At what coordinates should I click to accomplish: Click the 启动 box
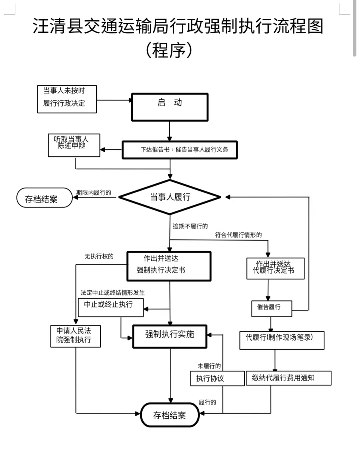[x=170, y=107]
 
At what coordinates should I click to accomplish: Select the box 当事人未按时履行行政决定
[x=67, y=99]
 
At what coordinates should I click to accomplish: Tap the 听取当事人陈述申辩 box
[x=74, y=145]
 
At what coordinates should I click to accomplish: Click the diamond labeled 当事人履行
[x=170, y=197]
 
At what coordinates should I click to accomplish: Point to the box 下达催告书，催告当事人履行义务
[x=180, y=150]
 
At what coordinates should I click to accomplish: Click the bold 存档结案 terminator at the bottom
[x=170, y=415]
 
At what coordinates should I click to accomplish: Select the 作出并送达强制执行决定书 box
[x=169, y=266]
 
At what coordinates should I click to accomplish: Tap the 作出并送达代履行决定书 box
[x=275, y=268]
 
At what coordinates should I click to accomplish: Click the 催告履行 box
[x=272, y=309]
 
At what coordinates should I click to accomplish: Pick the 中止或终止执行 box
[x=111, y=307]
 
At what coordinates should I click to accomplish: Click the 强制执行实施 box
[x=170, y=336]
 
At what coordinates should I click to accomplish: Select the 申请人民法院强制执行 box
[x=75, y=336]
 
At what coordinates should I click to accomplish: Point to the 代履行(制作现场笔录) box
[x=282, y=340]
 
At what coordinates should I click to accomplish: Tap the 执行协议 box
[x=217, y=378]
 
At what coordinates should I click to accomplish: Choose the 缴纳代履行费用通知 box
[x=288, y=378]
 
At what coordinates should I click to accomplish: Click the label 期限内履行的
[x=94, y=192]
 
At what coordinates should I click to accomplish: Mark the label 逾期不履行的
[x=190, y=226]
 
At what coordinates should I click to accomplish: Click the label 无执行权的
[x=99, y=256]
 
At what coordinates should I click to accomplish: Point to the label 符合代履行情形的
[x=238, y=235]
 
